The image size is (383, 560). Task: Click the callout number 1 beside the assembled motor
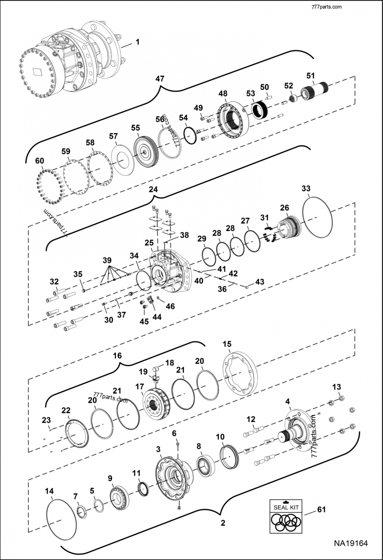pyautogui.click(x=137, y=42)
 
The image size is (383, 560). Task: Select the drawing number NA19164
pyautogui.click(x=350, y=544)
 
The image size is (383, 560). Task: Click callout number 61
pyautogui.click(x=321, y=510)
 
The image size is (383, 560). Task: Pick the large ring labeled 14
pyautogui.click(x=63, y=519)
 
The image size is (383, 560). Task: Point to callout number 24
pyautogui.click(x=153, y=189)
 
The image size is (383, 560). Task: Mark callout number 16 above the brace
pyautogui.click(x=117, y=355)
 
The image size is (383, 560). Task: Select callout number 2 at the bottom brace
pyautogui.click(x=223, y=523)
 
